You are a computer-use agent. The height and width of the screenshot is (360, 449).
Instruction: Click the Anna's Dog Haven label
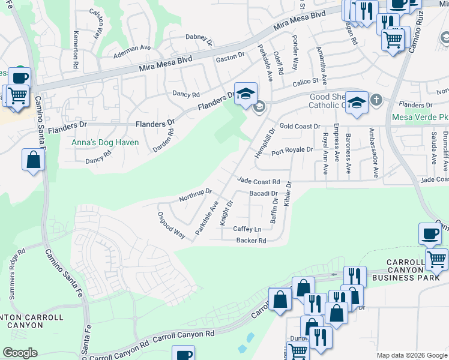[x=105, y=143]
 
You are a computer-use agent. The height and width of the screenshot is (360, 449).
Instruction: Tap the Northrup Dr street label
[x=196, y=195]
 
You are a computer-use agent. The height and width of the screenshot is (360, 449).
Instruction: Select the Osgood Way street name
[x=171, y=225]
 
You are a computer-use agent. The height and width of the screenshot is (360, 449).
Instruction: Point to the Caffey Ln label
[x=247, y=229]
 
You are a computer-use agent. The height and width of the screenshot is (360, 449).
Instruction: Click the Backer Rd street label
[x=251, y=241]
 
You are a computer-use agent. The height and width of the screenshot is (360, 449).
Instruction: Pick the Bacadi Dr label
[x=263, y=194]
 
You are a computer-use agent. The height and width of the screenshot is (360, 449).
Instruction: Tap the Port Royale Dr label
[x=292, y=151]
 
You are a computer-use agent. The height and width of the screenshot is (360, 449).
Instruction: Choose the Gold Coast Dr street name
[x=300, y=127]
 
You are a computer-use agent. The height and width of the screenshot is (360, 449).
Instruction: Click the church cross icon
[x=376, y=100]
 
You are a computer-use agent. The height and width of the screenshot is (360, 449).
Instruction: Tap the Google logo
[x=19, y=353]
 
